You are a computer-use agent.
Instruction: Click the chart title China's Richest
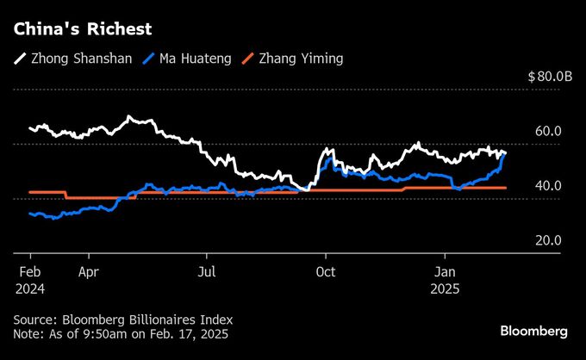(82, 29)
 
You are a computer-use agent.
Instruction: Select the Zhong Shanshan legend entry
(72, 60)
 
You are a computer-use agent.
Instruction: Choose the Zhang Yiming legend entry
(288, 60)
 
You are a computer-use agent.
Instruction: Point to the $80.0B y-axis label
(550, 77)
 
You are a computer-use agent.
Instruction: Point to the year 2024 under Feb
(29, 289)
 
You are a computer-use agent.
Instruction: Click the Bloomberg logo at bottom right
(534, 332)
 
